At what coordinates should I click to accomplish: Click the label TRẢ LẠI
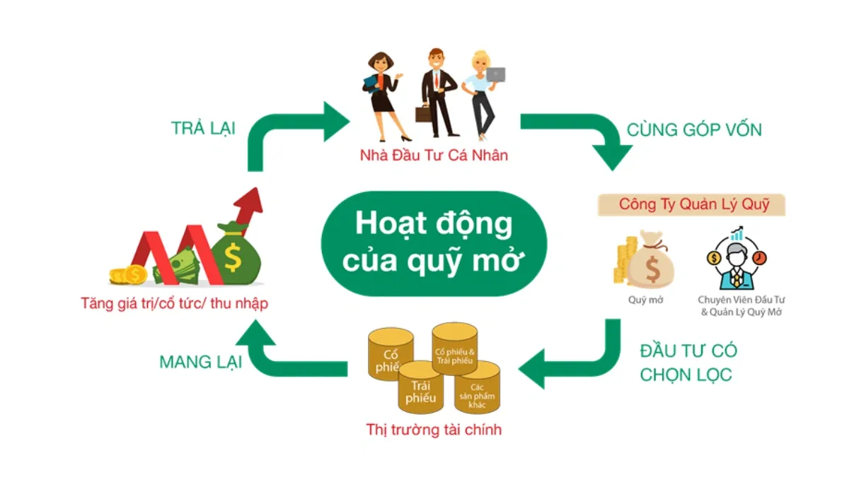[x=203, y=129]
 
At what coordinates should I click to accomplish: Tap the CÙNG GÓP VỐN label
[x=693, y=130]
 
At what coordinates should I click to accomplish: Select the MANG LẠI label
[x=200, y=363]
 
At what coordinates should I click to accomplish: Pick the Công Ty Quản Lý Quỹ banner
[x=692, y=205]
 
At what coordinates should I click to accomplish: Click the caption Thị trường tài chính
[x=434, y=429]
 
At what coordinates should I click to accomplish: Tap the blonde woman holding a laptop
[x=481, y=92]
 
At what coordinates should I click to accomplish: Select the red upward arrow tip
[x=249, y=200]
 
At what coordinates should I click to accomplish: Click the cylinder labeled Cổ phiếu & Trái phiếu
[x=455, y=351]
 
